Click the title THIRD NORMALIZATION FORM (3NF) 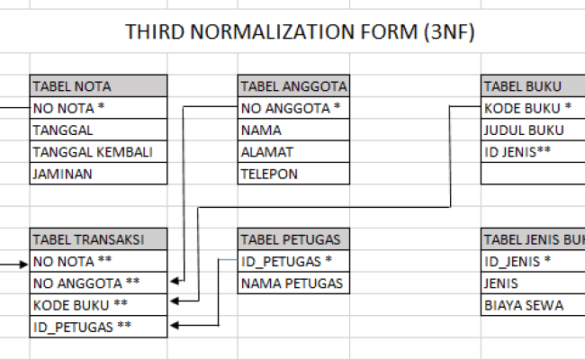[300, 31]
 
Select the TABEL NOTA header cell [98, 86]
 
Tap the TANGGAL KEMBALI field [98, 152]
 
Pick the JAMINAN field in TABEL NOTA [98, 174]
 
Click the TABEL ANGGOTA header [293, 86]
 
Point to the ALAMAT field [293, 152]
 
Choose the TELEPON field [293, 174]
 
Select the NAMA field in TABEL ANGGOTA [293, 130]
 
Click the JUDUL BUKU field [533, 130]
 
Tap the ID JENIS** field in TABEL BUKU [533, 152]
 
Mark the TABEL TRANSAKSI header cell [98, 239]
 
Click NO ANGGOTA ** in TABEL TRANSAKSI [98, 283]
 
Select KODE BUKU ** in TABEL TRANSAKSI [98, 305]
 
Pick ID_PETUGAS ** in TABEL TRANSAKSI [98, 327]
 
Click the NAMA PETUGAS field [293, 283]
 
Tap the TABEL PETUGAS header [293, 239]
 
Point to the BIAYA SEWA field [533, 305]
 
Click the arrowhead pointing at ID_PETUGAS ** [175, 325]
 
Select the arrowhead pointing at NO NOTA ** [24, 265]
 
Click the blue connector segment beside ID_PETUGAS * [228, 259]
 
